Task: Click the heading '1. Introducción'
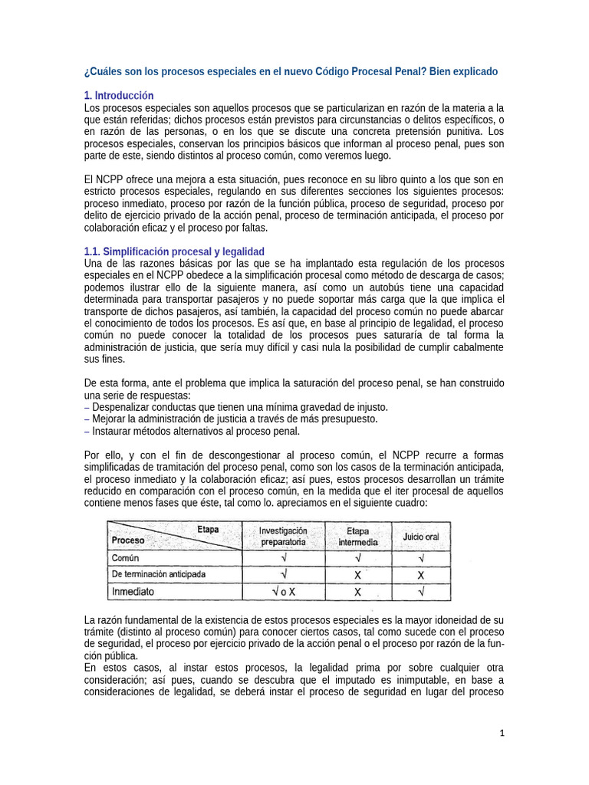tap(119, 96)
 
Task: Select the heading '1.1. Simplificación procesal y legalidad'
tap(174, 251)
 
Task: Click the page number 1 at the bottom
tap(502, 734)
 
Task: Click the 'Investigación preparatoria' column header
tap(283, 536)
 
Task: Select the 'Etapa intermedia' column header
tap(357, 536)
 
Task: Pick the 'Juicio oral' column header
tap(421, 537)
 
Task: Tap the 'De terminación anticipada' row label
tap(159, 574)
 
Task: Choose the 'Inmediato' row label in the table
tap(133, 592)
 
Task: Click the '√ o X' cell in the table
tap(284, 592)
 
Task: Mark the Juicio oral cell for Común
tap(421, 557)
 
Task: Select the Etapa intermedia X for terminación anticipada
tap(357, 574)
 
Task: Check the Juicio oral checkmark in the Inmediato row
tap(421, 592)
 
